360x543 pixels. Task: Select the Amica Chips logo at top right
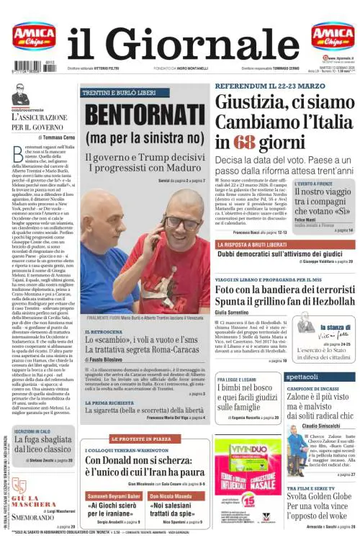332,35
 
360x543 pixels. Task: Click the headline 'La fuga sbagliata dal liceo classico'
45,445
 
